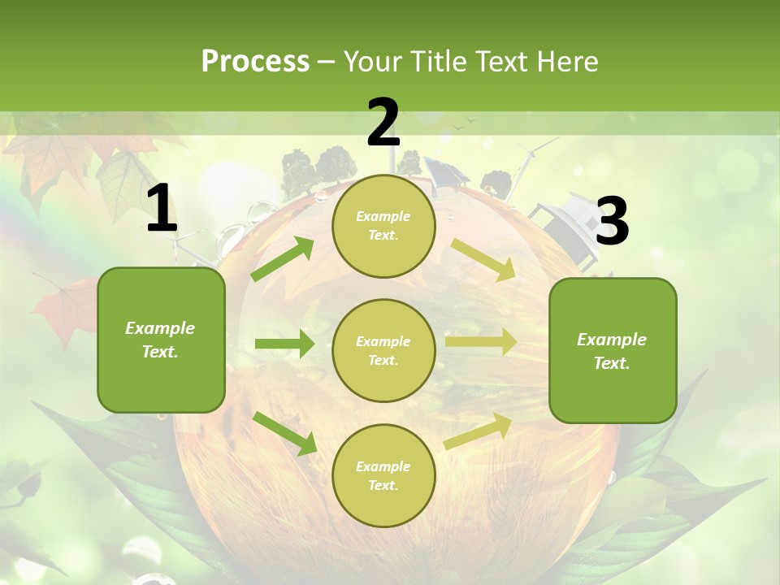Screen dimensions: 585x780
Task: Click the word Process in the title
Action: (255, 62)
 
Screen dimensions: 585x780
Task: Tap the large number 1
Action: (162, 210)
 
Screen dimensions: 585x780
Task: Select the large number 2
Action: (383, 123)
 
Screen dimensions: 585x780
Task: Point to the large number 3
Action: (612, 222)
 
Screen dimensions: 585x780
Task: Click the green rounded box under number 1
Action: (161, 340)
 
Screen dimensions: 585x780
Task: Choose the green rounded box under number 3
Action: (613, 351)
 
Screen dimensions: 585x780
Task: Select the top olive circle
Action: (383, 226)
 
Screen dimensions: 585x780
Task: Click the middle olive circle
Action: (383, 350)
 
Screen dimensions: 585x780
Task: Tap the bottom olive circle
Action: (383, 475)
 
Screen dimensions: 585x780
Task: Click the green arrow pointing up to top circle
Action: (283, 258)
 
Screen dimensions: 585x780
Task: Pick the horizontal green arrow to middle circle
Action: (284, 344)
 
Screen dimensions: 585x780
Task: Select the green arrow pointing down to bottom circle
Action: (284, 432)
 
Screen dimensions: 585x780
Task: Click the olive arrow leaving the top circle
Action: (483, 260)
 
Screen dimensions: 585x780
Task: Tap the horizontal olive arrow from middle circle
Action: (480, 342)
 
